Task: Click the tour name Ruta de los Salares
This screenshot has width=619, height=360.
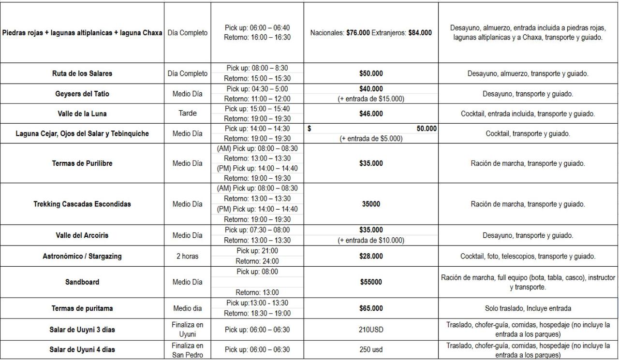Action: click(82, 73)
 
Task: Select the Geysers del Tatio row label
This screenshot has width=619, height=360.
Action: click(82, 94)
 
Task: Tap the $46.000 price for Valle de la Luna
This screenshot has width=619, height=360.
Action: click(371, 114)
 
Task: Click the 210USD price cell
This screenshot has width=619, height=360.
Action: click(371, 330)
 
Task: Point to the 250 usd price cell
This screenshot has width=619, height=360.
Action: click(371, 350)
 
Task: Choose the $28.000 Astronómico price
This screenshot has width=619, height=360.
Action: click(371, 256)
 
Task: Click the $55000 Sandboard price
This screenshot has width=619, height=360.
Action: click(371, 282)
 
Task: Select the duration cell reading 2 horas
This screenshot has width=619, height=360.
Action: click(187, 256)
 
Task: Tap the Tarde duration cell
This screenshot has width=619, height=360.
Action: click(187, 114)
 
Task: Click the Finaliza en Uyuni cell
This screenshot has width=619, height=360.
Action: click(187, 330)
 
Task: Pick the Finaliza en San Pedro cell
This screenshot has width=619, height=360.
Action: click(187, 350)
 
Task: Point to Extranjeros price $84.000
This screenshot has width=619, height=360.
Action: click(420, 33)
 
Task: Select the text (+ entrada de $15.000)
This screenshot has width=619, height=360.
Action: click(371, 99)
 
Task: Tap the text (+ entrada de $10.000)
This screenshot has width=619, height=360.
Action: click(371, 240)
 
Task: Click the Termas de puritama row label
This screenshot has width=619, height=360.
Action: click(82, 308)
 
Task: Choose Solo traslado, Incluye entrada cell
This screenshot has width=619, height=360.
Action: click(528, 308)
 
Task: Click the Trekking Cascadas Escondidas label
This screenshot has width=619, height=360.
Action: click(82, 204)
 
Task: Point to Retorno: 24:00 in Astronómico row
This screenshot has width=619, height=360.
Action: click(257, 261)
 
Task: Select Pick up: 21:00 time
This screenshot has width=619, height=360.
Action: click(257, 251)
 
